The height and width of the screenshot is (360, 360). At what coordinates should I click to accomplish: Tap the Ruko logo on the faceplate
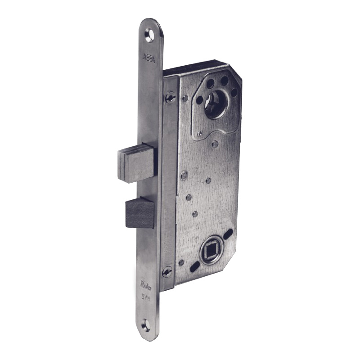click(x=147, y=284)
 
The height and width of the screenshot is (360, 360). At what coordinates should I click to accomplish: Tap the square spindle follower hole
click(x=209, y=248)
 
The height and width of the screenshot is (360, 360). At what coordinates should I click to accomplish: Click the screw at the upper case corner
click(x=169, y=97)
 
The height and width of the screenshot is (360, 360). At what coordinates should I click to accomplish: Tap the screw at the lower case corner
click(x=167, y=272)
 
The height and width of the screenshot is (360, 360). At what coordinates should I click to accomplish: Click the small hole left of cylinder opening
click(x=198, y=99)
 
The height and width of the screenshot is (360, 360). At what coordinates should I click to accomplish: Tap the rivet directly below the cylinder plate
click(x=215, y=144)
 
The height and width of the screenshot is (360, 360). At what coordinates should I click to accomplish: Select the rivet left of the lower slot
click(x=181, y=262)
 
